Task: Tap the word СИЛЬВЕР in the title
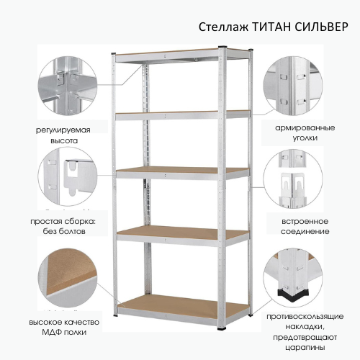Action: point(321,27)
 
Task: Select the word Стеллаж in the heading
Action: point(223,27)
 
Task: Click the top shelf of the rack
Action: point(181,55)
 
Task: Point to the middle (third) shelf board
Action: point(182,172)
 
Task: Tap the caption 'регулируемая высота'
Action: point(63,135)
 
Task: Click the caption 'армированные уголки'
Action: point(305,132)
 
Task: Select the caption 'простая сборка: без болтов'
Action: point(63,226)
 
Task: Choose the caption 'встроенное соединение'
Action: point(305,226)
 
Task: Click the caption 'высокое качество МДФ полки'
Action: point(64,327)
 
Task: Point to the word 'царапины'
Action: point(305,347)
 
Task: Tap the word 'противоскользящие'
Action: point(305,317)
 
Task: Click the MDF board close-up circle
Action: point(68,279)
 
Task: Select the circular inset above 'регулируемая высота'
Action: point(68,85)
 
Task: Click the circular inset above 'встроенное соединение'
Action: point(293,179)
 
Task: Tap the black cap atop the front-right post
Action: point(222,47)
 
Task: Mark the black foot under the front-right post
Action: point(222,328)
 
